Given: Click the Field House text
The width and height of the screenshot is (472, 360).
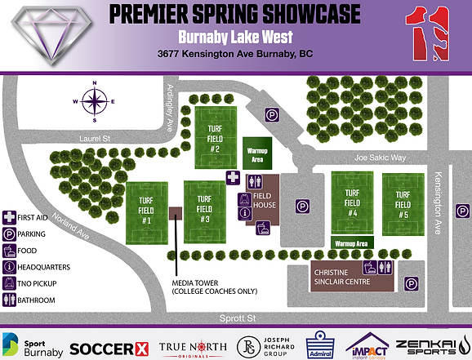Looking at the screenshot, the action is (x=264, y=200).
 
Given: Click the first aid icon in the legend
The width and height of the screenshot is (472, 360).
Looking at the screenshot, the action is (x=9, y=218).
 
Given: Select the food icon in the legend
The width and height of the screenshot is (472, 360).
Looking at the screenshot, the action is (x=9, y=251).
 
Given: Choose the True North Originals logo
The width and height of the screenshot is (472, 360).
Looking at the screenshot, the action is (x=192, y=346).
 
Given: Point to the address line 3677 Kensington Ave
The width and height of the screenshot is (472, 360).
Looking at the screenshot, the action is (x=234, y=55).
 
